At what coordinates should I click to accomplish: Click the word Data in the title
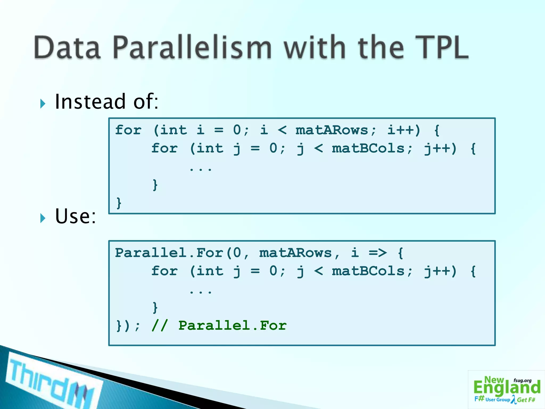click(67, 48)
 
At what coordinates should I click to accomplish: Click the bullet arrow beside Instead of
click(43, 104)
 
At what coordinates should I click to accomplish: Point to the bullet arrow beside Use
click(43, 218)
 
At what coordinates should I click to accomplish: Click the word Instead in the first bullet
click(90, 102)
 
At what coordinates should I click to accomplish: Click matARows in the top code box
click(332, 130)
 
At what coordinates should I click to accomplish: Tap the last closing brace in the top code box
click(119, 203)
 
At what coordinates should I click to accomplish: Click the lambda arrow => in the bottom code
click(378, 253)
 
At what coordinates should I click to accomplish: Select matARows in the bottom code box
click(295, 253)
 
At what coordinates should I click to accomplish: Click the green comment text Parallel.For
click(232, 325)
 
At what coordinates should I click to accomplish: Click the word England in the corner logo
click(507, 388)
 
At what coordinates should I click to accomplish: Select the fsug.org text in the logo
click(522, 381)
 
